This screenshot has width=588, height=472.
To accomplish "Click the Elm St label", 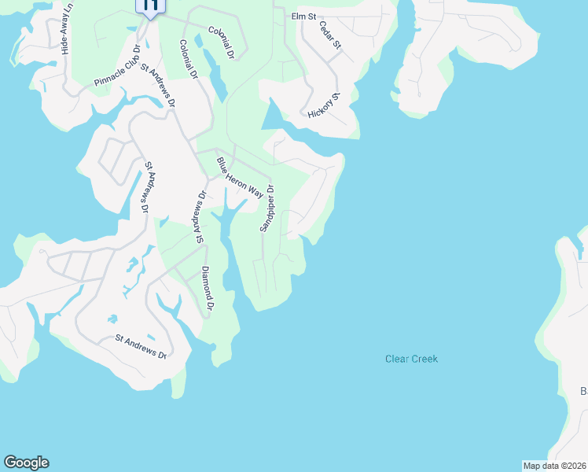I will click(303, 16).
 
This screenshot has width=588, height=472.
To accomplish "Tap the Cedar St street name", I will click(330, 35).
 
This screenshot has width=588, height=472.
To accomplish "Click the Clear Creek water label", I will click(411, 359).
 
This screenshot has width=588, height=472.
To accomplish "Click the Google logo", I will click(26, 463).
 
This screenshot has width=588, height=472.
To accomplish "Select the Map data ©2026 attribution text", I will click(554, 466).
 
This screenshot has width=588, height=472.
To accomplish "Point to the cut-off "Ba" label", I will click(583, 391).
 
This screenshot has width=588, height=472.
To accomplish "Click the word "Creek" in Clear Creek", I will click(424, 359).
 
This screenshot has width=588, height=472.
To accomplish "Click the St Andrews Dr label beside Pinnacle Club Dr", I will click(158, 85).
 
